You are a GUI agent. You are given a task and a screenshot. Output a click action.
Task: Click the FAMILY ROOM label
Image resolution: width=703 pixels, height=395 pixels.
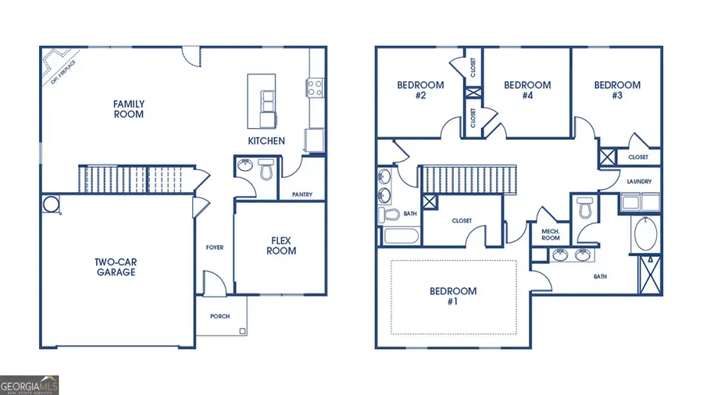pyautogui.click(x=129, y=109)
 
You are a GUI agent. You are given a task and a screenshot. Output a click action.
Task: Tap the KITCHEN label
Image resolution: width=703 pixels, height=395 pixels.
pyautogui.click(x=266, y=141)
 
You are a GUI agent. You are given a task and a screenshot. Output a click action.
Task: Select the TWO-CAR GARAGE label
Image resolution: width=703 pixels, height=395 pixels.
pyautogui.click(x=116, y=267)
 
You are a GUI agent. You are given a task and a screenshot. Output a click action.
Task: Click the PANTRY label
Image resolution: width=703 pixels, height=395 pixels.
pyautogui.click(x=302, y=194)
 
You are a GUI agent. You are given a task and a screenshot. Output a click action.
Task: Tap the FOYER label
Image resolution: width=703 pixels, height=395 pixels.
pyautogui.click(x=215, y=247)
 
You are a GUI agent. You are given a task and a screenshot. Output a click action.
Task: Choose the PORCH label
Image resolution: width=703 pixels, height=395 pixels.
pyautogui.click(x=221, y=316)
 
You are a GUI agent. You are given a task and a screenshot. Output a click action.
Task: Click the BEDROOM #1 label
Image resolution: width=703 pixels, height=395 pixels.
pyautogui.click(x=453, y=296)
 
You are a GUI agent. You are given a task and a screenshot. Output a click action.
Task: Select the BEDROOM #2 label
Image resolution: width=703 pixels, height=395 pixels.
pyautogui.click(x=420, y=91)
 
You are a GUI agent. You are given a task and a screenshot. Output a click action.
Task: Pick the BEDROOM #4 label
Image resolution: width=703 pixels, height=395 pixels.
pyautogui.click(x=527, y=91)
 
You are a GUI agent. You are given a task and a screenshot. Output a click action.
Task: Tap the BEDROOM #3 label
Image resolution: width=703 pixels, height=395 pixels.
pyautogui.click(x=617, y=91)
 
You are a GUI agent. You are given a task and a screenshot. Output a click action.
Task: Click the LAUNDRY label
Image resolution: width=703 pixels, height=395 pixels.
pyautogui.click(x=639, y=182)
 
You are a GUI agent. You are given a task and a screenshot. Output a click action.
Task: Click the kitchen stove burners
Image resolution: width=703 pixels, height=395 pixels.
pyautogui.click(x=316, y=87)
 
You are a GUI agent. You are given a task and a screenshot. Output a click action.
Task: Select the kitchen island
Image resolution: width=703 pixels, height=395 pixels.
pyautogui.click(x=262, y=101)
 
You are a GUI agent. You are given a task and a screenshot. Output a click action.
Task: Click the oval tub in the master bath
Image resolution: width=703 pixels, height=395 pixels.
pyautogui.click(x=646, y=234)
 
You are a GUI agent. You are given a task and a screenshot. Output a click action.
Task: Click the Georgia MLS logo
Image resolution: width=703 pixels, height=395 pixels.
pyautogui.click(x=30, y=385)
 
